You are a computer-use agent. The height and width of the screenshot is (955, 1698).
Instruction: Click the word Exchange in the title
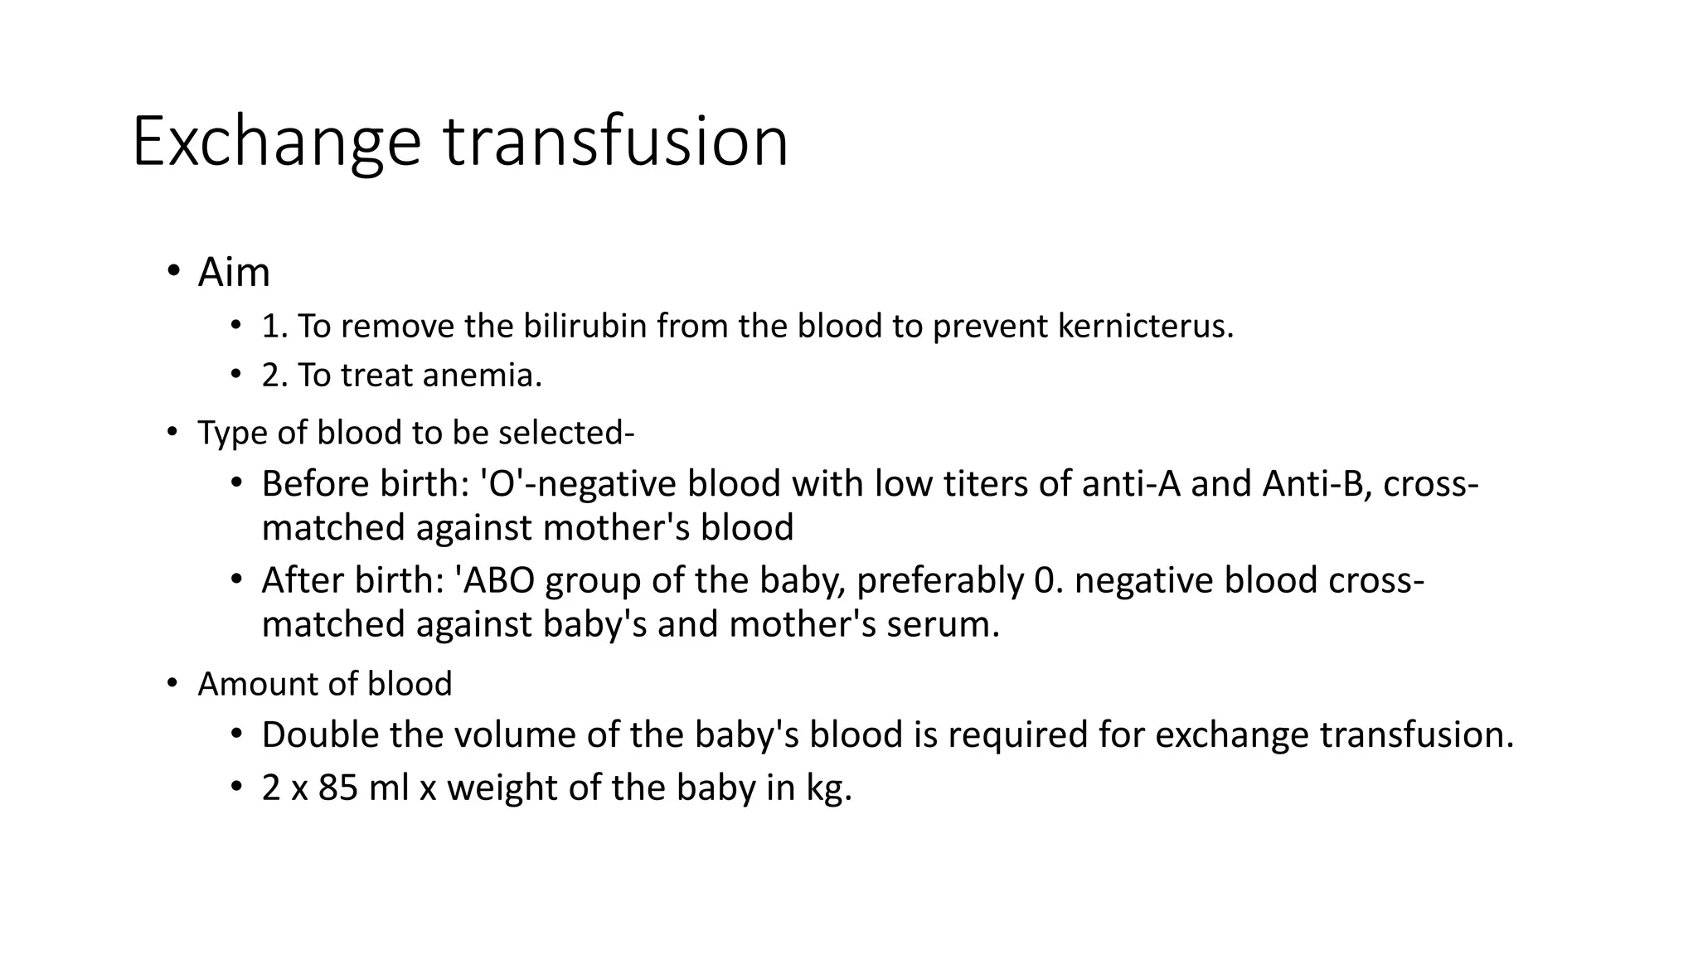[276, 143]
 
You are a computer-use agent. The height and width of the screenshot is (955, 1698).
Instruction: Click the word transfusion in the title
[615, 143]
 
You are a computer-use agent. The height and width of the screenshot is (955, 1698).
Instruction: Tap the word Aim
[234, 273]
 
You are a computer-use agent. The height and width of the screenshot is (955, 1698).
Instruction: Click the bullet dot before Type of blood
[172, 432]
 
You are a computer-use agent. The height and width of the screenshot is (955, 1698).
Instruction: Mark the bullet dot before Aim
[172, 271]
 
